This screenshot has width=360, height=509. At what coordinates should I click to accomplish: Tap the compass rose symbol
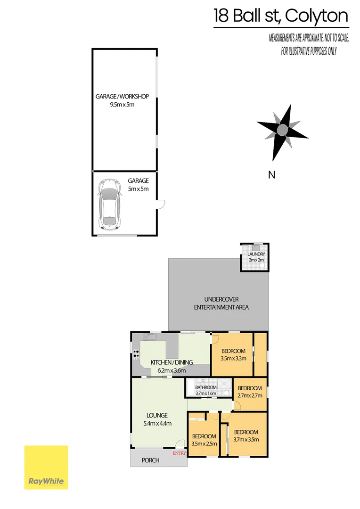pos(282,130)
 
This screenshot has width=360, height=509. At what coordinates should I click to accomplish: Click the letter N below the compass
pos(271,175)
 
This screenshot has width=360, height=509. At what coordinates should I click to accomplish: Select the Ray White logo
pos(46,467)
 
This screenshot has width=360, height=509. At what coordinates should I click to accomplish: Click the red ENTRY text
pos(180,453)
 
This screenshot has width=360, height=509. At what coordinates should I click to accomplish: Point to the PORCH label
pos(151,460)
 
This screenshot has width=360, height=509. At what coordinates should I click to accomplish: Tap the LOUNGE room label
pos(157,415)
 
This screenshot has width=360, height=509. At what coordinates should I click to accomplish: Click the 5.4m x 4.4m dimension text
pos(157,423)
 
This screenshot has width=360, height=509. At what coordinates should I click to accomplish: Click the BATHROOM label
pos(206,388)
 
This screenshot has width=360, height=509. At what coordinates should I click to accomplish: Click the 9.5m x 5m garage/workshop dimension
pos(122,104)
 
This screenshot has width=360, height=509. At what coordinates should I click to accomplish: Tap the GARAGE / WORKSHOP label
pos(122,97)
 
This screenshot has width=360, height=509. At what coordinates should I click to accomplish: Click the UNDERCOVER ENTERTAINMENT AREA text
pos(221,304)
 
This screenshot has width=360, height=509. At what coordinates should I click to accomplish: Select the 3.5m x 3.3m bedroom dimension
pos(233,358)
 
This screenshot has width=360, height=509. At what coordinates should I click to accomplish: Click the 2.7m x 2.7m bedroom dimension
pos(250,396)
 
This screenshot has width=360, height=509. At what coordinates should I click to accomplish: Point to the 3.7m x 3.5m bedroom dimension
pos(246,440)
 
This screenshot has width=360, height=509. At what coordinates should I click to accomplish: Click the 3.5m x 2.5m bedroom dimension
pos(205,443)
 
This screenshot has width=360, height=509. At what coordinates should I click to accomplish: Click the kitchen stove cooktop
pos(137,354)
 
